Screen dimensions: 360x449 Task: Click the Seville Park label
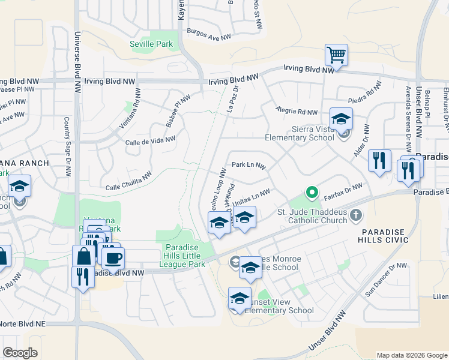[151, 44]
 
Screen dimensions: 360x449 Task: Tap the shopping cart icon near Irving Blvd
[336, 55]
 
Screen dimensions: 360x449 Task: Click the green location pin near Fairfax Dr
[312, 193]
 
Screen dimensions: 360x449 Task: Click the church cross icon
[356, 215]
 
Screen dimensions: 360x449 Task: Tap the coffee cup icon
[113, 258]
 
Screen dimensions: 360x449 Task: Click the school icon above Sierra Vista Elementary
[341, 119]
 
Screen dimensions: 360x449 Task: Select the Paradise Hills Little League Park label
[185, 253]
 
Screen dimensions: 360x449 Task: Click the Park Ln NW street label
[249, 164]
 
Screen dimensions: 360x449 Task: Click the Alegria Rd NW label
[296, 111]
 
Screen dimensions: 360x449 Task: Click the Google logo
[20, 353]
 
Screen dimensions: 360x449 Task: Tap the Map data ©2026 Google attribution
[411, 355]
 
